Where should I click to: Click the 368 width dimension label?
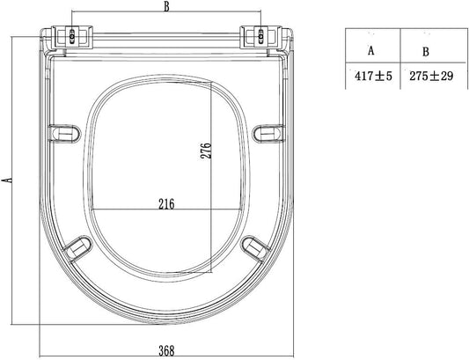tap(166, 350)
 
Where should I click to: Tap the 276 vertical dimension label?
tap(206, 151)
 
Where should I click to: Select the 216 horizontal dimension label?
tap(166, 204)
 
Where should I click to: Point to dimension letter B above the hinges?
tap(166, 7)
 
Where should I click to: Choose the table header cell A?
tap(371, 51)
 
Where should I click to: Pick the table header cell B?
tap(426, 52)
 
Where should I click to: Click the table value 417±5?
tap(373, 76)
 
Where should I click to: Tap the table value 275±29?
tap(431, 76)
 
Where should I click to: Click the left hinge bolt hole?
tap(72, 36)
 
